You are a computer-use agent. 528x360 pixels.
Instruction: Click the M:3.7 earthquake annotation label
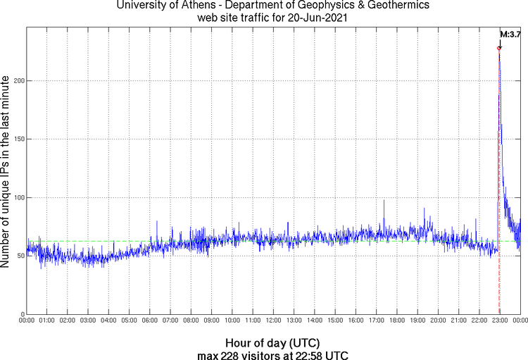(x=510, y=33)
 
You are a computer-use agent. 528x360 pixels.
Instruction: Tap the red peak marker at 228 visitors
(x=498, y=49)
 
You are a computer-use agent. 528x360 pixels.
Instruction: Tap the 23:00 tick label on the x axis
(x=500, y=321)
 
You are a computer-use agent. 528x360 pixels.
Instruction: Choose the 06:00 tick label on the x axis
(x=150, y=321)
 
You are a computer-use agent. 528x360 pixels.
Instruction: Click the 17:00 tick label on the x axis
(x=376, y=321)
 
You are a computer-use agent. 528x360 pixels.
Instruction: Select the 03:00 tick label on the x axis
(x=88, y=321)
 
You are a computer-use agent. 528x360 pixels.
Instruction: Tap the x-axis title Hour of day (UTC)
(x=273, y=342)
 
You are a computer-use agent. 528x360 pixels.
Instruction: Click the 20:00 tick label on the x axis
(x=438, y=321)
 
